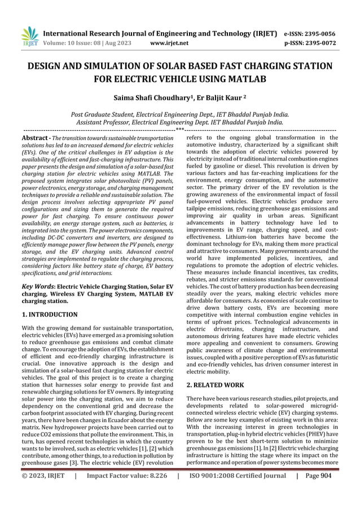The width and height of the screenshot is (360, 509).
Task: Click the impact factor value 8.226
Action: pos(152,492)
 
